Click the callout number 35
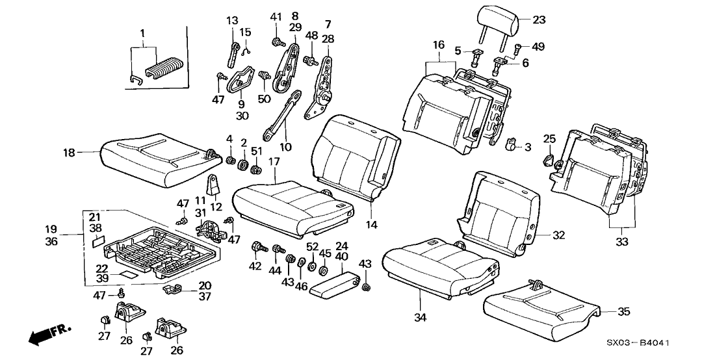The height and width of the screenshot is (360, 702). click(x=623, y=312)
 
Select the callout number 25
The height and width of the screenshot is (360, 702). click(x=550, y=139)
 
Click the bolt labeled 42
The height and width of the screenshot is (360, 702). click(x=260, y=247)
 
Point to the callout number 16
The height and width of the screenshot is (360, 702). click(x=439, y=45)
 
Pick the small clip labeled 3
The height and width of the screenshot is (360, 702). click(x=512, y=144)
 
